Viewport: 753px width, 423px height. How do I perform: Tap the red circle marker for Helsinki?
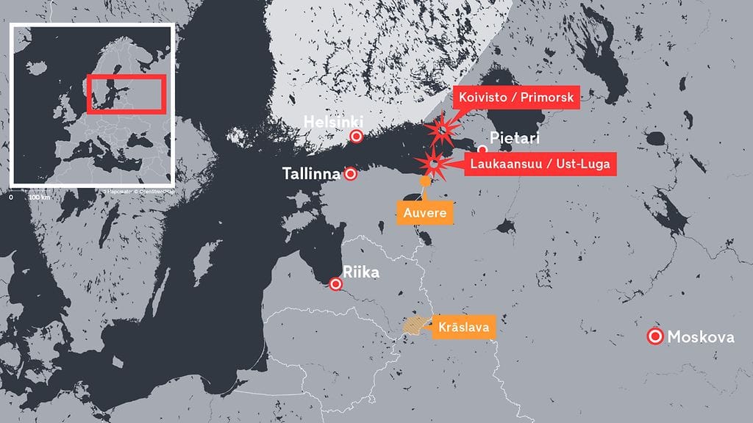coord(357,136)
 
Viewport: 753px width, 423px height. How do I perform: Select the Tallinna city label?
coord(312,174)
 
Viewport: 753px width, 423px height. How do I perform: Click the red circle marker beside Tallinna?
coord(351,174)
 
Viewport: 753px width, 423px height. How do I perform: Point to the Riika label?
coord(361,273)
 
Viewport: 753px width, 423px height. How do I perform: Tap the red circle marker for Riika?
coord(336,284)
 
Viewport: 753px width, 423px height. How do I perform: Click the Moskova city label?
coord(700,337)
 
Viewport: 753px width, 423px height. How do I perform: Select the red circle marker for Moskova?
coord(654,337)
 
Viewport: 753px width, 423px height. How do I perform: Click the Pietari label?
coord(514,138)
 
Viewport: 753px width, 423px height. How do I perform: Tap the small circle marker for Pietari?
coord(482,149)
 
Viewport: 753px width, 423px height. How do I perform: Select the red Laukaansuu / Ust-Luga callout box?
coord(540,164)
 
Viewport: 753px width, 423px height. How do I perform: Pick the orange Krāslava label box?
coord(463,325)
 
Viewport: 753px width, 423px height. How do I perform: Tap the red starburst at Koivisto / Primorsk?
coord(442,131)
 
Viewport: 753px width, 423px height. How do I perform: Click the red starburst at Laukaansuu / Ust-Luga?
coord(435,164)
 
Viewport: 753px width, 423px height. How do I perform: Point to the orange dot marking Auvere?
coord(424,181)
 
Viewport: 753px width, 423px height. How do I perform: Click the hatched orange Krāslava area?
coord(415,325)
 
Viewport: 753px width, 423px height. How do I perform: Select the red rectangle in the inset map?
coord(126,93)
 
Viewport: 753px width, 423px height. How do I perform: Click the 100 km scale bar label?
coord(39,198)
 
